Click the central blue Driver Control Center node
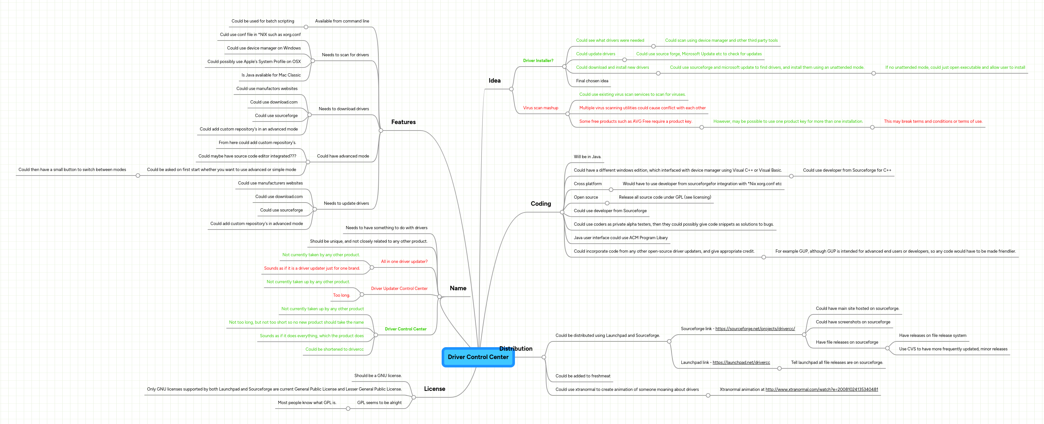(478, 357)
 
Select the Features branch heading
(403, 122)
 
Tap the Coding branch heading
(541, 204)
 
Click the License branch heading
(435, 389)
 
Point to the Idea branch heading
(494, 81)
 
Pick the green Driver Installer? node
(538, 61)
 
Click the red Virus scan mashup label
(540, 108)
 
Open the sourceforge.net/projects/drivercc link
(755, 329)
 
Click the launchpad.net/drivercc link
(741, 362)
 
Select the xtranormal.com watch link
(822, 390)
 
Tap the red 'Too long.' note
(341, 295)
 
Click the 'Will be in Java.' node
(587, 157)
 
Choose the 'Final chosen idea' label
(592, 81)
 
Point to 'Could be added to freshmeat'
(582, 376)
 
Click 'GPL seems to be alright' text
(379, 403)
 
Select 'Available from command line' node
(342, 21)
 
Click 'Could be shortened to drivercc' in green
(334, 349)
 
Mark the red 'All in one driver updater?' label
(404, 261)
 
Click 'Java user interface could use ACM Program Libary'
(620, 238)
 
